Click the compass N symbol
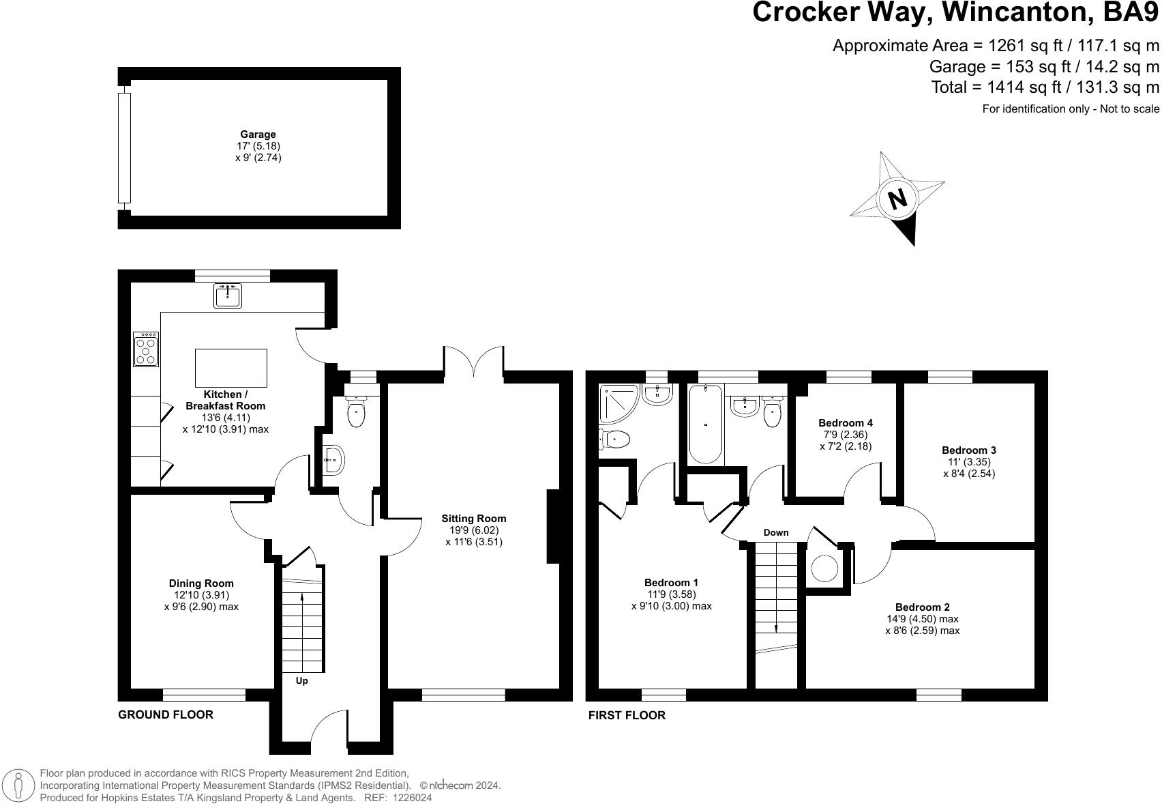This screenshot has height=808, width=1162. [897, 199]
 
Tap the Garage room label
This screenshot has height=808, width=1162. [258, 135]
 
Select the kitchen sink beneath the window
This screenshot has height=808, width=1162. [227, 296]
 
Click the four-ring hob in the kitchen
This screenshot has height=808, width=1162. [146, 349]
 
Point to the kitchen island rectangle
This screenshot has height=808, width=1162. [230, 368]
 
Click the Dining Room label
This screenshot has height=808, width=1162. [201, 583]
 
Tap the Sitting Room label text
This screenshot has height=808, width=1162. [473, 519]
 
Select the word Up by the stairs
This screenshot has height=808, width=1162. [301, 681]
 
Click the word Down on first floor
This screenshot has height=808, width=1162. [775, 533]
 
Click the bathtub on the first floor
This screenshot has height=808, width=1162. [705, 424]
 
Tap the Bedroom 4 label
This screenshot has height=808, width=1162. [846, 423]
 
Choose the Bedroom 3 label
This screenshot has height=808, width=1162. [968, 450]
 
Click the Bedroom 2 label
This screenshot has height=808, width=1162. [922, 607]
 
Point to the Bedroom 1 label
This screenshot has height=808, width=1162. [671, 583]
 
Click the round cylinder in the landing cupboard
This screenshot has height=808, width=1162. [825, 568]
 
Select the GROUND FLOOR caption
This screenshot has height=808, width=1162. [166, 715]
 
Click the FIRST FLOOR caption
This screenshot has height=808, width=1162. [627, 715]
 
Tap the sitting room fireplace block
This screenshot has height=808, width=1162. [554, 526]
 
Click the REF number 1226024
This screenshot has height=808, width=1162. [408, 798]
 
